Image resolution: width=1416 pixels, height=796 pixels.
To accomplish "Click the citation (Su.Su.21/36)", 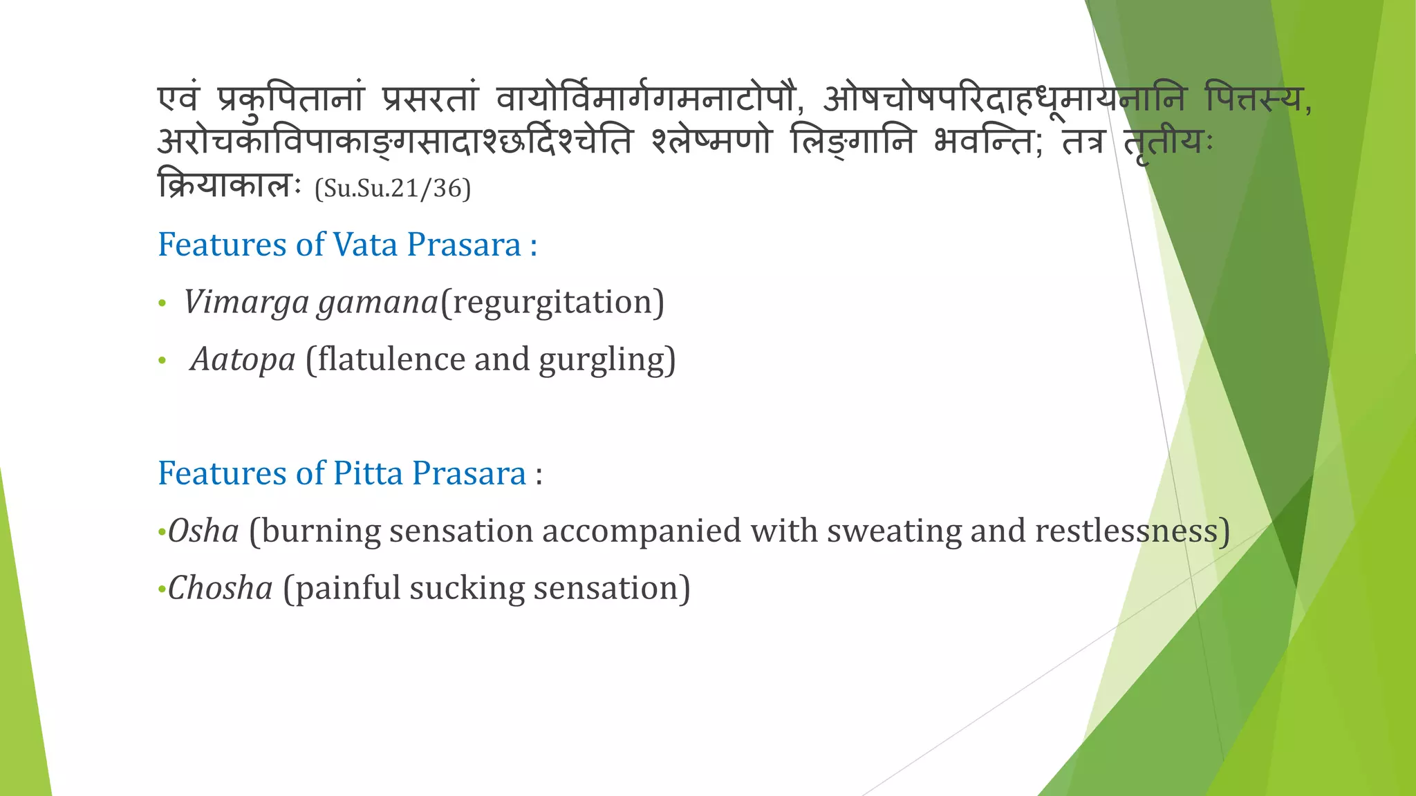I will pos(392,189).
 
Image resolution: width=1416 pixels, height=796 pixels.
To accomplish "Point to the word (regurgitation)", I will pos(552,303).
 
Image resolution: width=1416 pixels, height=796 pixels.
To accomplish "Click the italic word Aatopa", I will pos(243,360).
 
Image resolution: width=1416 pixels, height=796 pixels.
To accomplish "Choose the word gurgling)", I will pos(606,360).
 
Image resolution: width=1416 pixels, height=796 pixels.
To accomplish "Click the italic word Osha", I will pos(203,531).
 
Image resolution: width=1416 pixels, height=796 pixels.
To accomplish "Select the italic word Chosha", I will pos(221,589).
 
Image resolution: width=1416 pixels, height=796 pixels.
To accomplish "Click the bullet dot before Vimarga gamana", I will pos(162,303).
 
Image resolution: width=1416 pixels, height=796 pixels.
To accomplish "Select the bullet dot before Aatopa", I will pos(162,361).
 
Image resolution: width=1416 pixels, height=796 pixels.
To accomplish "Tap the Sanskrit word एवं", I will pos(178,99).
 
